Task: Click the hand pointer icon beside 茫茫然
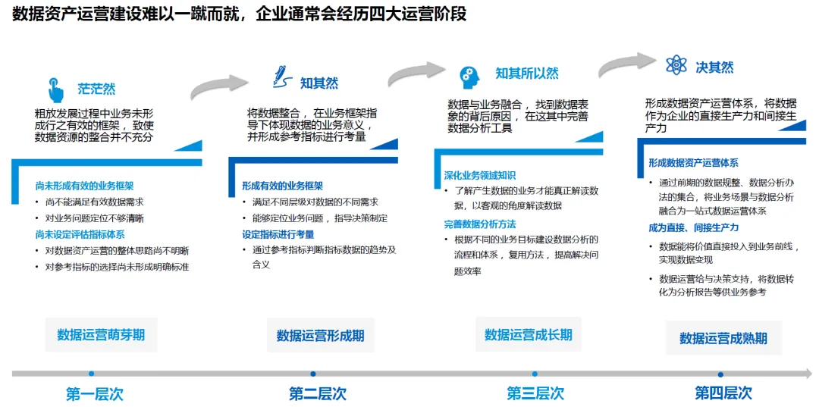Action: (55, 89)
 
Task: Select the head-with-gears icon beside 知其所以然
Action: (469, 77)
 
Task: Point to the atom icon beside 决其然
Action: (676, 65)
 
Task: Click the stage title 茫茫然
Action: (96, 89)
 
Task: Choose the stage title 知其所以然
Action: (526, 74)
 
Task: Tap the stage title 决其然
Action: (714, 67)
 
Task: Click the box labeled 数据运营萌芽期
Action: (101, 334)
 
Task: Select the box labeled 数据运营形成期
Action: (320, 335)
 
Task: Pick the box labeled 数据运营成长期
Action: (528, 334)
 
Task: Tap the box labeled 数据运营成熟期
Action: (723, 338)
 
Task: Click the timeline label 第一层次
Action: (94, 393)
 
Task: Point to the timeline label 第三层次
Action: (535, 393)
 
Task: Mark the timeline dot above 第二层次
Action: (312, 374)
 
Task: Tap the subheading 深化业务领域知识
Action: (480, 176)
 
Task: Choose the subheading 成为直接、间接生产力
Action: (693, 227)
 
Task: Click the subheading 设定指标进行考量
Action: (278, 234)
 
